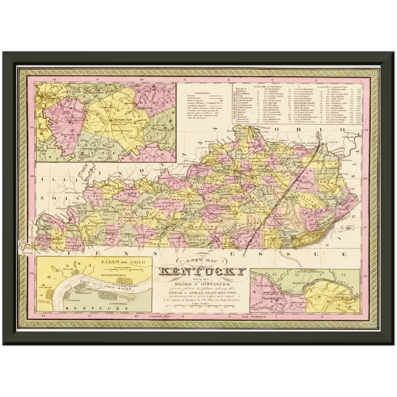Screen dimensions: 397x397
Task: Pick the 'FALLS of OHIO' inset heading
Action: (x=123, y=262)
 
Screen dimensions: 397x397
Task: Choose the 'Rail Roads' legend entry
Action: (x=194, y=98)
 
